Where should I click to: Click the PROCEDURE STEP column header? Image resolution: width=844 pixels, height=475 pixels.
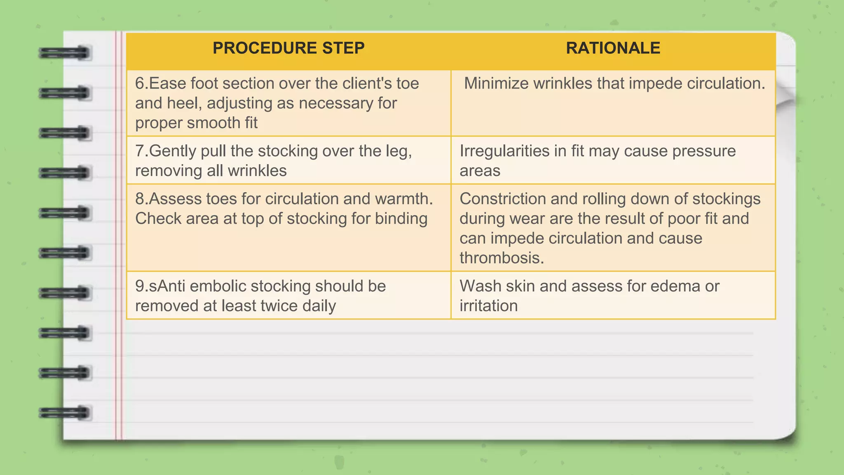(x=288, y=48)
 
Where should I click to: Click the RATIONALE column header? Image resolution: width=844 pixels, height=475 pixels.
(x=613, y=48)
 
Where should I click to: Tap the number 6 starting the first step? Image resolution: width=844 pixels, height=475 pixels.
(x=140, y=84)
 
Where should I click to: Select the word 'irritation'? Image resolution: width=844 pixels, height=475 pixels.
(x=488, y=306)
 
